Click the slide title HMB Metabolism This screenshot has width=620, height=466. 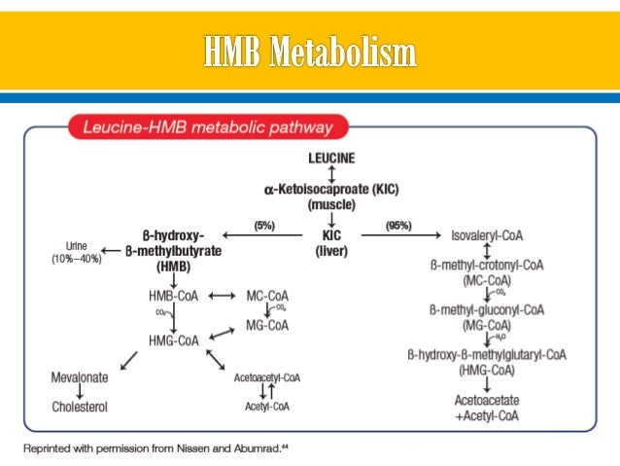(310, 53)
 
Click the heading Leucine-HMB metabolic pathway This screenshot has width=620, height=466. (199, 128)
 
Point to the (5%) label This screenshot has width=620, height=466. (264, 227)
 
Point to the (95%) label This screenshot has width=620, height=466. (398, 227)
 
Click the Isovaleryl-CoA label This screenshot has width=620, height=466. (487, 235)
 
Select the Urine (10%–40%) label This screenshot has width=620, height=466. (77, 252)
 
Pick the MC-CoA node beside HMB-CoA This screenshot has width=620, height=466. (267, 295)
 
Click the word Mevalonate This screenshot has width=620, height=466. (80, 377)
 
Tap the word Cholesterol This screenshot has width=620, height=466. (80, 406)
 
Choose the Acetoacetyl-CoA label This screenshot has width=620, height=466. (267, 377)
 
